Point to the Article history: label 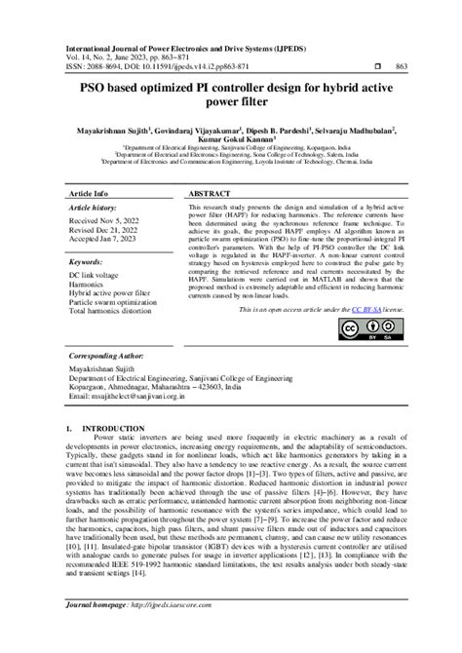coord(97,208)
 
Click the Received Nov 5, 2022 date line coord(111,222)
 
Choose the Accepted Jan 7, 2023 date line coord(109,240)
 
